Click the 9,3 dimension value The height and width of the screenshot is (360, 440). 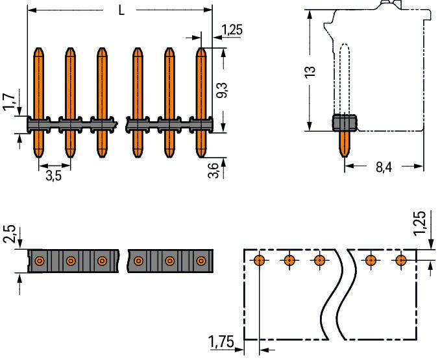pyautogui.click(x=221, y=89)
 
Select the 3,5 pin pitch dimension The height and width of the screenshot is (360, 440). pyautogui.click(x=54, y=175)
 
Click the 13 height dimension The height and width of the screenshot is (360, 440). pyautogui.click(x=310, y=71)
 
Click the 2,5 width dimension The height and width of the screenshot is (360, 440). pyautogui.click(x=8, y=235)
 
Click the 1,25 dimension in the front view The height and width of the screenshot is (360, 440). pyautogui.click(x=232, y=29)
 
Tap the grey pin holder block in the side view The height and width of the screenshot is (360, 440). pyautogui.click(x=344, y=123)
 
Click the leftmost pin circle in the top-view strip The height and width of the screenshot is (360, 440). pyautogui.click(x=40, y=261)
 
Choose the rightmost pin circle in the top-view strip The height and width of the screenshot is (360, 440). pyautogui.click(x=201, y=261)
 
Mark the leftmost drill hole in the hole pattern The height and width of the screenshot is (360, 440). pyautogui.click(x=259, y=261)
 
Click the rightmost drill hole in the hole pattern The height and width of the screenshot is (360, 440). pyautogui.click(x=401, y=261)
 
